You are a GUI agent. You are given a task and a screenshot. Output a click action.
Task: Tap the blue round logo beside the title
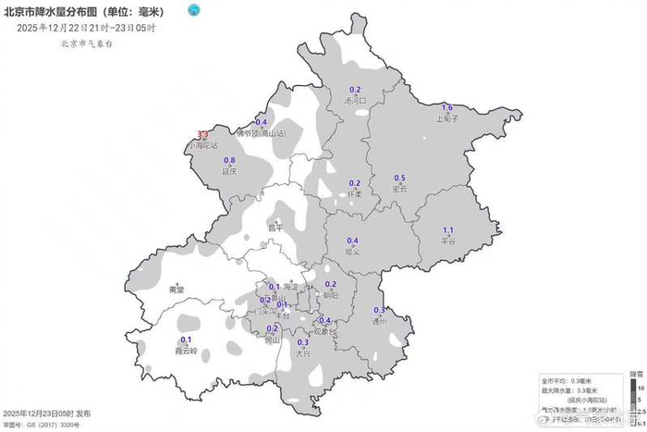tap(193, 10)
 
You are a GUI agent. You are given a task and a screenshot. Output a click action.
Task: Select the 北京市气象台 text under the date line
tap(87, 43)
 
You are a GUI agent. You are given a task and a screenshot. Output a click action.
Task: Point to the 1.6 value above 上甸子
tap(447, 108)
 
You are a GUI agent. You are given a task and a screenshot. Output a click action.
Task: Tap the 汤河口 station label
tap(356, 100)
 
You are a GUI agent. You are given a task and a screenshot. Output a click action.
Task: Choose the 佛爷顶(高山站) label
tap(262, 133)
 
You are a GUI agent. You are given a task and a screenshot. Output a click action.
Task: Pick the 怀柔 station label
tap(354, 194)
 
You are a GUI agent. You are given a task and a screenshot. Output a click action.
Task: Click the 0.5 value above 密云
tap(400, 179)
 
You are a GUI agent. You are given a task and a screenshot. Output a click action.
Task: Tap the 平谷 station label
tap(448, 241)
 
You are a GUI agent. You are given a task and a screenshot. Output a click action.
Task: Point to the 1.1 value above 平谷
tap(449, 229)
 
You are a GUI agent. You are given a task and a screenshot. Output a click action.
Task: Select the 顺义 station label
tap(351, 251)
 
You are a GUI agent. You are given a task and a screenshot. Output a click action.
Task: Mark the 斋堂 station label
tap(177, 290)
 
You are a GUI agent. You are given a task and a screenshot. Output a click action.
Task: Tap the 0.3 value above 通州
tap(379, 310)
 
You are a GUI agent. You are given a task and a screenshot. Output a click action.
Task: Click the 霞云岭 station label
tap(186, 351)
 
